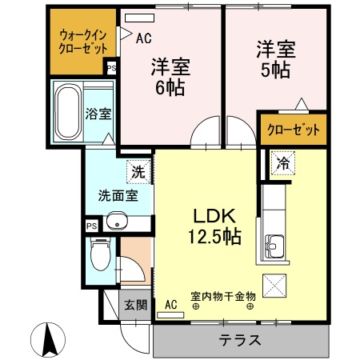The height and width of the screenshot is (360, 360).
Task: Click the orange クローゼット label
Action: click(293, 130)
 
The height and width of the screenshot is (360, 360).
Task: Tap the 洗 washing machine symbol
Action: click(138, 170)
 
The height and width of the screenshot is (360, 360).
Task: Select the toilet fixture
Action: click(99, 258)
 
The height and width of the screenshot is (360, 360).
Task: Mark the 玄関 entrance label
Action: click(134, 305)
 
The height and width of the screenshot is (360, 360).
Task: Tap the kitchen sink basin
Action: click(274, 247)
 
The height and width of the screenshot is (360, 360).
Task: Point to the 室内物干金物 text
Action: click(222, 297)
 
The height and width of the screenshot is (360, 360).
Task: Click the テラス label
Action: click(240, 339)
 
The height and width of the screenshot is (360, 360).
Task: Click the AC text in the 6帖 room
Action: click(144, 38)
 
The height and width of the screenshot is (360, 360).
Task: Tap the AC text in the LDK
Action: click(170, 304)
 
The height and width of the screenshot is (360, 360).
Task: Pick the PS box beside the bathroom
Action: click(111, 69)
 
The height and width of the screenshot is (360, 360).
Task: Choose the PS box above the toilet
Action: click(90, 226)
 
